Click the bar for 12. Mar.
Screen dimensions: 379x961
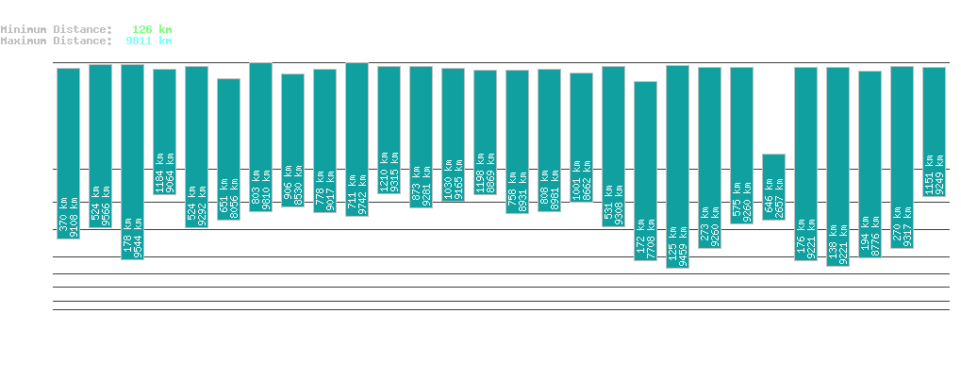(773, 187)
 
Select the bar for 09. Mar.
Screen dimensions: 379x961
(677, 166)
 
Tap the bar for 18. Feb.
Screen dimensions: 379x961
(68, 153)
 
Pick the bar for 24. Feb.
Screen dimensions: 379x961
(260, 137)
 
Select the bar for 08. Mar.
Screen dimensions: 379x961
(645, 171)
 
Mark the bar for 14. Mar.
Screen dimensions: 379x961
(837, 166)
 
